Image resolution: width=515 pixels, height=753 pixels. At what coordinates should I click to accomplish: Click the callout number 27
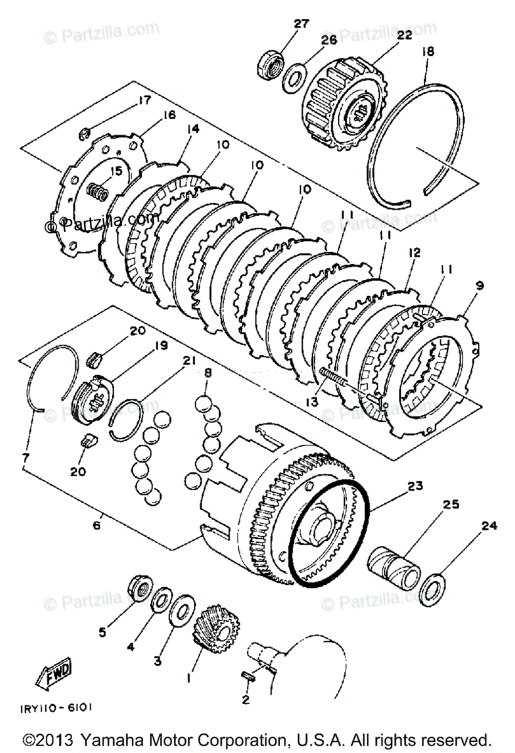tap(301, 24)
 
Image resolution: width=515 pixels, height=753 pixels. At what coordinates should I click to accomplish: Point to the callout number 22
tap(404, 36)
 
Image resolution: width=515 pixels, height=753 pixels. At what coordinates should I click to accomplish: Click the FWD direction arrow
tap(54, 675)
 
